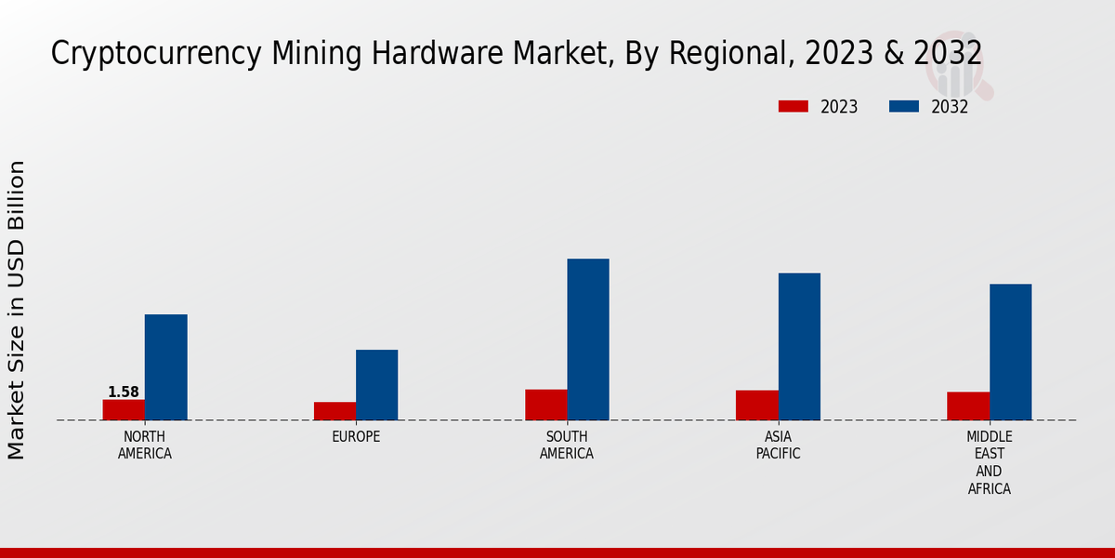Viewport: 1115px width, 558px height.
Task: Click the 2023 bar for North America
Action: click(124, 410)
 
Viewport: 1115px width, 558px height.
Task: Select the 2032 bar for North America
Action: click(165, 367)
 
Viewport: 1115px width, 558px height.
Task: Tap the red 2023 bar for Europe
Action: click(334, 411)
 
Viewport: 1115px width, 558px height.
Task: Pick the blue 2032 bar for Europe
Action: click(376, 385)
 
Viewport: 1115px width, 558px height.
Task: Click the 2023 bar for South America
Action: click(545, 405)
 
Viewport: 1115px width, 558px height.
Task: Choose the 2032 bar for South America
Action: click(588, 339)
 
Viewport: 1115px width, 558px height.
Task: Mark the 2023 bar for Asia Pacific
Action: click(756, 405)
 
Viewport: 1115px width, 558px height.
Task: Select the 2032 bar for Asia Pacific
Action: click(799, 347)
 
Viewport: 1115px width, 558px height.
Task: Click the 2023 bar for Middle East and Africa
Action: click(968, 406)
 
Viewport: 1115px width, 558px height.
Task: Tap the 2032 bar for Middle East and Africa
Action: click(1010, 352)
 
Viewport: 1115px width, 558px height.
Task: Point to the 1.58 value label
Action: click(124, 392)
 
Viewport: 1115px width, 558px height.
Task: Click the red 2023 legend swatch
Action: click(793, 107)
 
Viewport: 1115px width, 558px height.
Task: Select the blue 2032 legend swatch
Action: click(903, 107)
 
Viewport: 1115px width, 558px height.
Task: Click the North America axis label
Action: click(145, 445)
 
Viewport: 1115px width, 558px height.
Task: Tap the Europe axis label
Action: click(356, 437)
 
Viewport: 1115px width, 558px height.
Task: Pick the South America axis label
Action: click(567, 445)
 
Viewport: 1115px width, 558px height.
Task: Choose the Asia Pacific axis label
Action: click(778, 445)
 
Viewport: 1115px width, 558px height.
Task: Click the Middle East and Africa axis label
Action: click(990, 463)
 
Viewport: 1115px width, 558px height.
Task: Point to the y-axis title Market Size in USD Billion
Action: click(17, 310)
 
